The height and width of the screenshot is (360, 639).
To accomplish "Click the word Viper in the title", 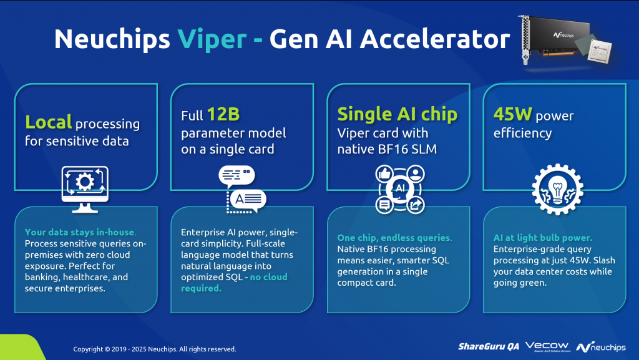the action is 212,39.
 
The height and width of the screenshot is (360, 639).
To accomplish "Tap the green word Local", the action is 49,122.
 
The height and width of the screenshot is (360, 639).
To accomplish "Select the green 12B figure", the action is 223,114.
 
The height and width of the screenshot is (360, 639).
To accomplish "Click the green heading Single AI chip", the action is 398,114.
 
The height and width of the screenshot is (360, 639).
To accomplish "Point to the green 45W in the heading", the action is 513,114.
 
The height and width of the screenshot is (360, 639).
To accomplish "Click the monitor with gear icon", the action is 85,189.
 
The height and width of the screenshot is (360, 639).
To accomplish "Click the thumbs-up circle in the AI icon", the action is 384,174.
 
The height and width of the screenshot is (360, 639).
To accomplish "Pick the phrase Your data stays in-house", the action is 80,232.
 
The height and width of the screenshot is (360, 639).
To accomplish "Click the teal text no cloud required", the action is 235,283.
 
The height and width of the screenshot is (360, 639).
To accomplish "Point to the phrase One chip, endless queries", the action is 394,238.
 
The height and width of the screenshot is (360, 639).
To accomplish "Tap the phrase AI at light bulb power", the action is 543,238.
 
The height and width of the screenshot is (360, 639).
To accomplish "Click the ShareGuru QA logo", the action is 489,346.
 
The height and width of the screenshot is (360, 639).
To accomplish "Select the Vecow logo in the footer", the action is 547,346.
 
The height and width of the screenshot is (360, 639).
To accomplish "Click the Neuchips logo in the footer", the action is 601,347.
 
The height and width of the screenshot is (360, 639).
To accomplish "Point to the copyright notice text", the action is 155,349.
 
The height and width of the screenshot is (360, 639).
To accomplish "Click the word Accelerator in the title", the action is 435,39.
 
